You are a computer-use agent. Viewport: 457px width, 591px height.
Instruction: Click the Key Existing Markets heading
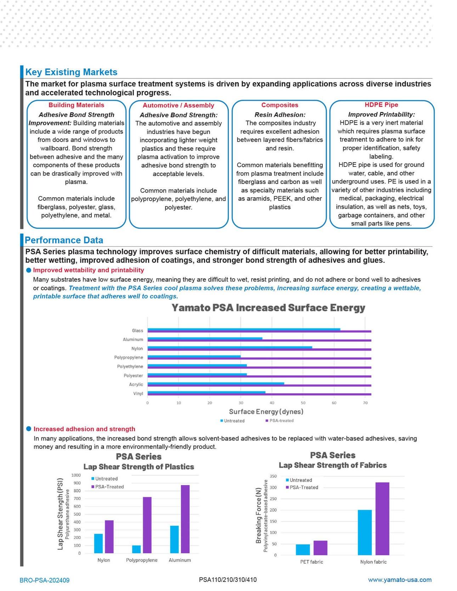click(71, 72)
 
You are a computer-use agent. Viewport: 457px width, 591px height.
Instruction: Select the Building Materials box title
click(76, 105)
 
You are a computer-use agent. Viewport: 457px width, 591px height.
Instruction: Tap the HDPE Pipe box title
click(381, 105)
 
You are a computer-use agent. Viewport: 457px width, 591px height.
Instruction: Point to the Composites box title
click(280, 105)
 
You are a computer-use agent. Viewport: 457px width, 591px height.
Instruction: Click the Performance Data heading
click(64, 240)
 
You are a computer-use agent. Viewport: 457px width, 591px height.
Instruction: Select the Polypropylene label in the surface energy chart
click(129, 358)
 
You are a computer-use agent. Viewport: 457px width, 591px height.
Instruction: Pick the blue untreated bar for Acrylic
click(216, 383)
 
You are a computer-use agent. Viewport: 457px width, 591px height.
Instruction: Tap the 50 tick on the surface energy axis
click(303, 403)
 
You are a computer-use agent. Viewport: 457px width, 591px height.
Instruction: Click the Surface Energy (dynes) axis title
click(266, 411)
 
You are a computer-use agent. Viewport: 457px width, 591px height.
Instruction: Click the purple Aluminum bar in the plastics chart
click(185, 519)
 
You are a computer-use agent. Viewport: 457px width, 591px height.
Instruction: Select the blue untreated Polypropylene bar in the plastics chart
click(136, 549)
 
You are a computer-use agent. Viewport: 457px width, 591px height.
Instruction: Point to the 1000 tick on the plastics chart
click(76, 475)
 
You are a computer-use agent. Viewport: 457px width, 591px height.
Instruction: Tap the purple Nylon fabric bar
click(382, 518)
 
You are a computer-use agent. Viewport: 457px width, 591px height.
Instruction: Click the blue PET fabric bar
click(303, 550)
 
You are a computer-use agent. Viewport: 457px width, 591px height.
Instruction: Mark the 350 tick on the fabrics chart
click(273, 476)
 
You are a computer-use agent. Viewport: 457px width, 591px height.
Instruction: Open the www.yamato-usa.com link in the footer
click(400, 580)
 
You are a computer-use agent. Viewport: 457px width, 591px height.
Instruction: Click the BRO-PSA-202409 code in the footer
click(45, 580)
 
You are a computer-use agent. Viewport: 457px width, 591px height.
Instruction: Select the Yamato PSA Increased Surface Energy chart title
click(268, 308)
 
